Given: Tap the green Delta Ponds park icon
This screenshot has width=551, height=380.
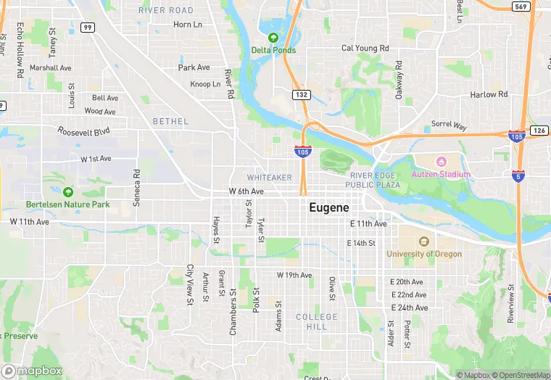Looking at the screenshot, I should [x=273, y=38].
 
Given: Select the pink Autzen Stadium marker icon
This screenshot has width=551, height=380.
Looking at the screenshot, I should [x=441, y=161].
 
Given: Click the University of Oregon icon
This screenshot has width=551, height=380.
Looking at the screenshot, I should [x=425, y=241].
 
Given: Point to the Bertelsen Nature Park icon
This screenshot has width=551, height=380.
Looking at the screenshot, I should [x=67, y=192].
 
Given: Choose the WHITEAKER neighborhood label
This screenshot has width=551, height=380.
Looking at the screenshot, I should [x=269, y=178].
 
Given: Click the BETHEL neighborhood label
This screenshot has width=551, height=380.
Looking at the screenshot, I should [x=170, y=122].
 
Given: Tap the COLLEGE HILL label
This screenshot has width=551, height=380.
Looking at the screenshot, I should [x=317, y=322].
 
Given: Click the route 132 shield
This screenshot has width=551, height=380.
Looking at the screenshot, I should [x=302, y=95].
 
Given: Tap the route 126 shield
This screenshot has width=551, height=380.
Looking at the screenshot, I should [x=539, y=131].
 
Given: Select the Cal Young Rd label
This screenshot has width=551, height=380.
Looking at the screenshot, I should [x=365, y=49].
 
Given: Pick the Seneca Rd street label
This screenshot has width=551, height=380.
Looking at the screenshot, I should [x=136, y=189].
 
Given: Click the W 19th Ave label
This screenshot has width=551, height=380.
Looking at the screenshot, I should [x=294, y=276].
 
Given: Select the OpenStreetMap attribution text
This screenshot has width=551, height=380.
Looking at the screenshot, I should [x=521, y=375].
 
